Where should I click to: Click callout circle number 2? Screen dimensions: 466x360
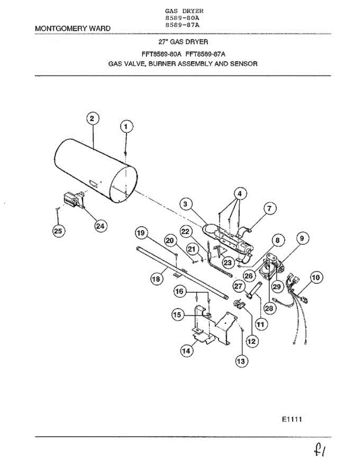pyautogui.click(x=92, y=119)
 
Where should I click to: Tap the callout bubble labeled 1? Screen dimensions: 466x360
pyautogui.click(x=126, y=126)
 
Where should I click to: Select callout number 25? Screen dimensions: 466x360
pyautogui.click(x=58, y=231)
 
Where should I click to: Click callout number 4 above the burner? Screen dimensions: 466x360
pyautogui.click(x=240, y=193)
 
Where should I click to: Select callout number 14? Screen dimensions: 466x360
pyautogui.click(x=186, y=350)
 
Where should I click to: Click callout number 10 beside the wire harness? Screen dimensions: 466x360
pyautogui.click(x=316, y=278)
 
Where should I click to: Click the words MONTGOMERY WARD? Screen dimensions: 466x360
pyautogui.click(x=72, y=28)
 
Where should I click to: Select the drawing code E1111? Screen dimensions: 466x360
pyautogui.click(x=292, y=419)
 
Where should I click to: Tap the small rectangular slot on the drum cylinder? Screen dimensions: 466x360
pyautogui.click(x=93, y=183)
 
